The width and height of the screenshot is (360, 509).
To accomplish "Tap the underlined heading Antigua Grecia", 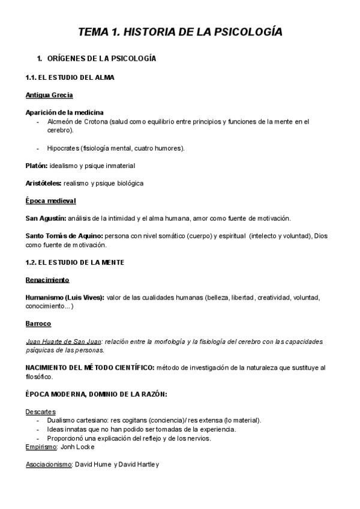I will click(x=49, y=95).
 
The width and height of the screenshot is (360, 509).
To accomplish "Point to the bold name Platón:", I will click(x=37, y=165).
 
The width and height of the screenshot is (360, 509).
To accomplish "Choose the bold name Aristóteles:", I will click(x=43, y=182).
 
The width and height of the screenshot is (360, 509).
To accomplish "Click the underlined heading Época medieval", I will click(x=50, y=200).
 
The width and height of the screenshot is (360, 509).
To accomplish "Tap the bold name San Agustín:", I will click(x=46, y=218).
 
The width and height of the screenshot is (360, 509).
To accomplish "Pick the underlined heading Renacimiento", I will click(x=47, y=280).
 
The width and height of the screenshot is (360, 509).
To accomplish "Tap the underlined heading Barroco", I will click(x=38, y=324).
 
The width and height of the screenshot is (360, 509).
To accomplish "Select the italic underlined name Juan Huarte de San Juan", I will click(x=63, y=342).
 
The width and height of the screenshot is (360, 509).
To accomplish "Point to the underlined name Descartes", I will click(x=41, y=412).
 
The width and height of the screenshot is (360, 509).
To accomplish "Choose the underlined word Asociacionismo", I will click(x=49, y=464).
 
